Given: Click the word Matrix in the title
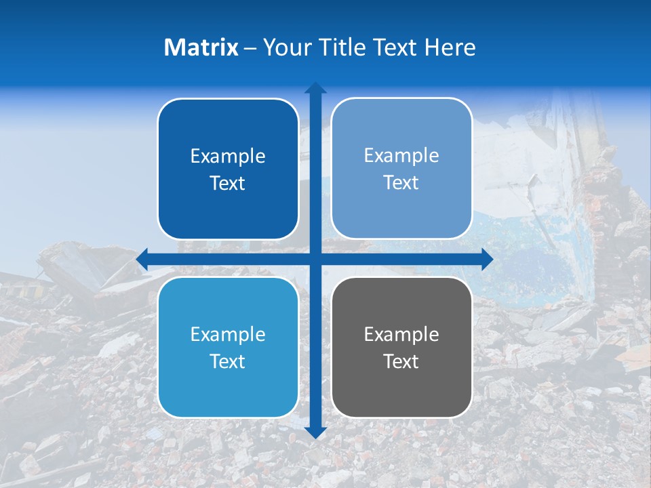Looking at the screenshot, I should point(201,47).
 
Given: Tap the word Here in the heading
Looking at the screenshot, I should point(450,47).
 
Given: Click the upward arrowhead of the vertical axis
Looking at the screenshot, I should point(315,88).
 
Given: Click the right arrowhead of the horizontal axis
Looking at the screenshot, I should point(487,260).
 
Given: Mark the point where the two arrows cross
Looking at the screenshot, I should point(315,260).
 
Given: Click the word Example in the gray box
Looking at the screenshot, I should point(401,334).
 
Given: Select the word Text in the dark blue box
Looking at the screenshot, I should point(228,183).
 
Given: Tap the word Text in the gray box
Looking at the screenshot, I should point(401,361).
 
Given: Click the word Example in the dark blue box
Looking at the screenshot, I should point(228,156).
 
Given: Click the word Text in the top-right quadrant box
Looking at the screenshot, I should point(401,182).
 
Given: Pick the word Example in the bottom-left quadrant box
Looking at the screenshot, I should point(228,334).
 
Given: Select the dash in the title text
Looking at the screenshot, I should point(250,47).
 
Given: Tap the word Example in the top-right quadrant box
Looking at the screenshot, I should point(401,155).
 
